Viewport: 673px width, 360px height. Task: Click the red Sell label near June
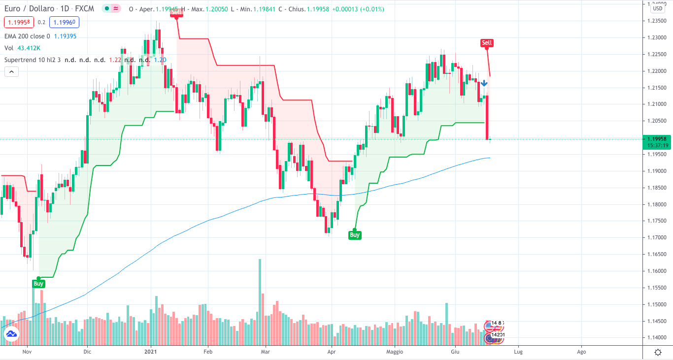[x=486, y=43]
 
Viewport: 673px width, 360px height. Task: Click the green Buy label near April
[x=355, y=235]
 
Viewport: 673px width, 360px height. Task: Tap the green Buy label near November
[x=38, y=284]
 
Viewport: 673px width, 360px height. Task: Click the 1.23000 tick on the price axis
[x=657, y=37]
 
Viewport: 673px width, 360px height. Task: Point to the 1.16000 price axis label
[x=657, y=271]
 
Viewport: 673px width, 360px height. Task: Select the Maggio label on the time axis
[x=395, y=352]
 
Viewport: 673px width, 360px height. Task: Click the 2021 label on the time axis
[x=150, y=352]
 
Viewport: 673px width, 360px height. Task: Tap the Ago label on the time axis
[x=581, y=352]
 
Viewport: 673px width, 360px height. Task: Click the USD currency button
[x=657, y=8]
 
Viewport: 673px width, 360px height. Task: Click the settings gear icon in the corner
[x=658, y=352]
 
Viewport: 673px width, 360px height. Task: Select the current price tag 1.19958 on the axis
[x=657, y=139]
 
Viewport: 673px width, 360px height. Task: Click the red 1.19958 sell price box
[x=19, y=22]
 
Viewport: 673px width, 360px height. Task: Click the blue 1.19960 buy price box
[x=64, y=22]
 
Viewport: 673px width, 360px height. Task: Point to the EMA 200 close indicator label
[x=27, y=36]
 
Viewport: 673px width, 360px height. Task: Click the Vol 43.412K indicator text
[x=22, y=48]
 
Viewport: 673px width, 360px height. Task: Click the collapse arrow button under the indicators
[x=11, y=71]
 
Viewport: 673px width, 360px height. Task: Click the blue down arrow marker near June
[x=484, y=83]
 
